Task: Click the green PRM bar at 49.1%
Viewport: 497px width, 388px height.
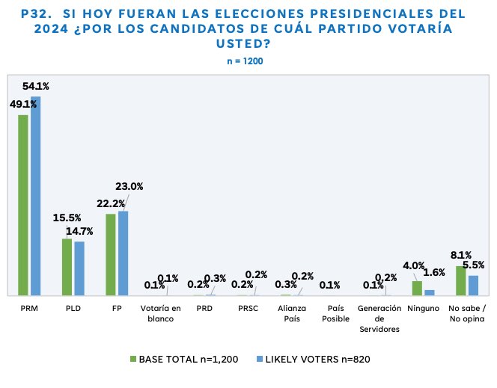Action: (23, 205)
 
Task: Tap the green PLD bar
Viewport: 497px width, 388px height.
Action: (67, 267)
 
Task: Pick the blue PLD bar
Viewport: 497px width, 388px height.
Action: (79, 268)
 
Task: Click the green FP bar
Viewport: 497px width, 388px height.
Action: (111, 254)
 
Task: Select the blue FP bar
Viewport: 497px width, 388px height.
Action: (124, 253)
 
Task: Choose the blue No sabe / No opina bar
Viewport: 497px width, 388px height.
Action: (473, 285)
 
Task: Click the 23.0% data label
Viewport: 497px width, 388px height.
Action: (129, 187)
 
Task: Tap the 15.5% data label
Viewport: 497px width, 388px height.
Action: (67, 217)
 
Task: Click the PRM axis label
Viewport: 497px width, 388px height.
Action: (29, 307)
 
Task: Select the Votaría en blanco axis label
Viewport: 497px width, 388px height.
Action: (161, 312)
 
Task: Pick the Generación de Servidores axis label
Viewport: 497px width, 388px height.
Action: (379, 318)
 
